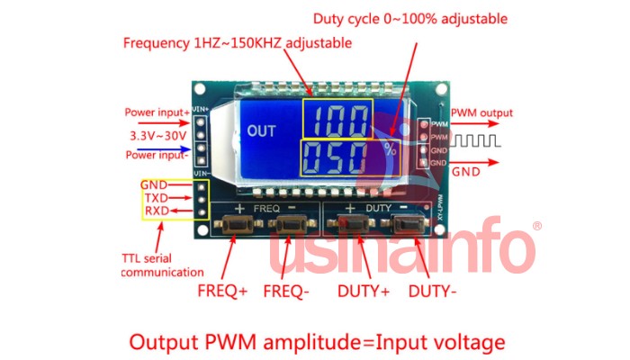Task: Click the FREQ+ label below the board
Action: pyautogui.click(x=222, y=291)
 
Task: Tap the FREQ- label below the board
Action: pyautogui.click(x=287, y=291)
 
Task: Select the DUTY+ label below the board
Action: pyautogui.click(x=364, y=291)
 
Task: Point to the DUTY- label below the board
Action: pyautogui.click(x=433, y=291)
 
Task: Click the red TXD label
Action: pyautogui.click(x=155, y=198)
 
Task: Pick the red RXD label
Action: pyautogui.click(x=155, y=211)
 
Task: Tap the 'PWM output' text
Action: pyautogui.click(x=481, y=113)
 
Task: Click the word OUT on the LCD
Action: pyautogui.click(x=262, y=130)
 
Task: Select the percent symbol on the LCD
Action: pyautogui.click(x=390, y=149)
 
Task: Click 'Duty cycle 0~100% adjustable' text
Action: pyautogui.click(x=409, y=19)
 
